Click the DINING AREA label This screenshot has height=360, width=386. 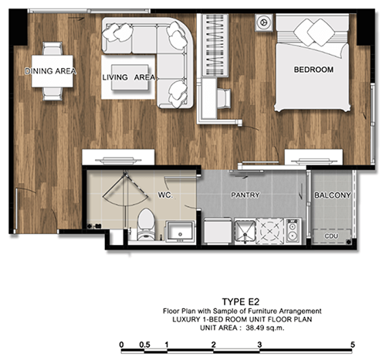click(x=50, y=71)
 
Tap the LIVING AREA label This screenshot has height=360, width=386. click(x=129, y=77)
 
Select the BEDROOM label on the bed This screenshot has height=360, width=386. click(x=313, y=70)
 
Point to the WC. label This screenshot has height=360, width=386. click(x=165, y=195)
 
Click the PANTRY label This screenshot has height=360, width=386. click(x=245, y=195)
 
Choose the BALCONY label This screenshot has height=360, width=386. click(x=333, y=195)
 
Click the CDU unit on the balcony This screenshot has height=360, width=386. click(x=332, y=236)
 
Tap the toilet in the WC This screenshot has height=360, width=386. click(x=146, y=225)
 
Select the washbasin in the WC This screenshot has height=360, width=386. click(x=180, y=231)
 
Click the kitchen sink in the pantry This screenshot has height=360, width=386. click(x=245, y=231)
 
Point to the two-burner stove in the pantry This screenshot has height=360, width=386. click(x=293, y=231)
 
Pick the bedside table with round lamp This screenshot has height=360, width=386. click(x=264, y=22)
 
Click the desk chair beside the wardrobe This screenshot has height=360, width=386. click(x=224, y=98)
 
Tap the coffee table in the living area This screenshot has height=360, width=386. click(x=130, y=77)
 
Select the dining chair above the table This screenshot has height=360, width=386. click(x=52, y=49)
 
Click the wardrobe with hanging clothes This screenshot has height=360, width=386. click(x=215, y=46)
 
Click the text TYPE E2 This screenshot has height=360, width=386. click(x=241, y=301)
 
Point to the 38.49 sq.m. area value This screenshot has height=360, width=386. click(x=265, y=328)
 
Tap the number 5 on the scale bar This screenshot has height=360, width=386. click(x=353, y=345)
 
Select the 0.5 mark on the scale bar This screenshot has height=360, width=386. click(x=144, y=345)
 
